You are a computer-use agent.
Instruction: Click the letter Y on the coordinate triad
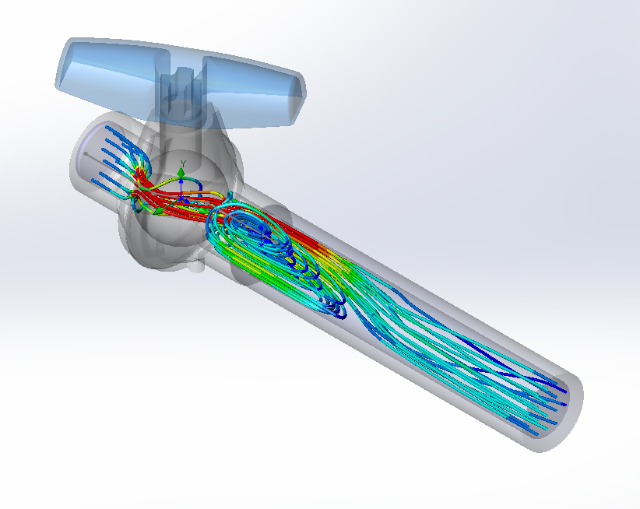(x=182, y=163)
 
